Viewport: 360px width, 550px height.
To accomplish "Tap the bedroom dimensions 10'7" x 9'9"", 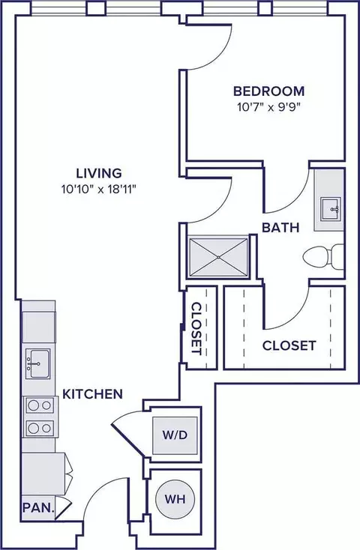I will click(262, 106).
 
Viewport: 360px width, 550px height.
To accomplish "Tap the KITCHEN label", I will click(93, 393).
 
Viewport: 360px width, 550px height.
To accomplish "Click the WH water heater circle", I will click(175, 498).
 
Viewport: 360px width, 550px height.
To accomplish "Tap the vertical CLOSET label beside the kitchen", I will click(196, 327).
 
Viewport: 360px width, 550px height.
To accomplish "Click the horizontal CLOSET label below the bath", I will click(289, 346).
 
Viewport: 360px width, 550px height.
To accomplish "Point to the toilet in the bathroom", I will click(324, 257).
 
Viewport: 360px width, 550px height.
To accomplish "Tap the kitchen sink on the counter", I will click(36, 363).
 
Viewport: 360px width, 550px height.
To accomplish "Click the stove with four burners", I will click(39, 417).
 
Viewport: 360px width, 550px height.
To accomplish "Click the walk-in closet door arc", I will click(289, 312).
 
